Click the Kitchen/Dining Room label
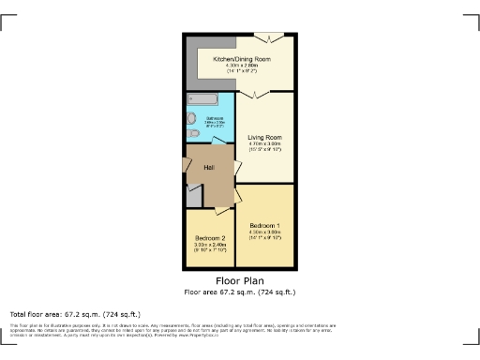pyautogui.click(x=242, y=59)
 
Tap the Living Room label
pyautogui.click(x=266, y=137)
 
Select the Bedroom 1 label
pyautogui.click(x=266, y=226)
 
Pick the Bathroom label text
pyautogui.click(x=216, y=117)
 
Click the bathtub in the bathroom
pyautogui.click(x=202, y=98)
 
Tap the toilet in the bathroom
pyautogui.click(x=191, y=119)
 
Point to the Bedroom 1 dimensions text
pyautogui.click(x=266, y=235)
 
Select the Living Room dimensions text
pyautogui.click(x=266, y=146)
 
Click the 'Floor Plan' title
pyautogui.click(x=240, y=280)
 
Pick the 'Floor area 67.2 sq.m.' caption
pyautogui.click(x=240, y=291)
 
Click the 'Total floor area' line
pyautogui.click(x=75, y=313)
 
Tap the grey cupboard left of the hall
pyautogui.click(x=192, y=196)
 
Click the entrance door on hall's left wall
pyautogui.click(x=184, y=170)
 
